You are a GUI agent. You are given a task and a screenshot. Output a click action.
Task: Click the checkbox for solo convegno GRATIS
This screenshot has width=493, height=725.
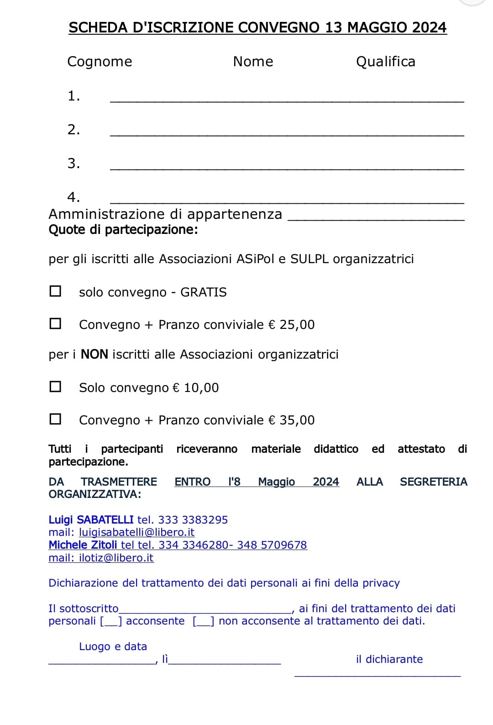pyautogui.click(x=55, y=291)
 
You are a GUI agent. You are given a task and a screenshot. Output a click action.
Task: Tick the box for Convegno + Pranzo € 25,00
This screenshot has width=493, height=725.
pyautogui.click(x=55, y=324)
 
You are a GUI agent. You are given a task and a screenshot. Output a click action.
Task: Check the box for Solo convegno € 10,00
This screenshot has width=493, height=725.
pyautogui.click(x=55, y=387)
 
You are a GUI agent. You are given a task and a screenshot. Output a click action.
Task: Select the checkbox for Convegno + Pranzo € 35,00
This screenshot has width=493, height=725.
pyautogui.click(x=55, y=419)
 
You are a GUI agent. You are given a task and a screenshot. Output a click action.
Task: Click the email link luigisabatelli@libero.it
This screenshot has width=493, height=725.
pyautogui.click(x=136, y=532)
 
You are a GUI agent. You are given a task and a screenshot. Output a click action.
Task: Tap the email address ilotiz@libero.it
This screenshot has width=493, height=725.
pyautogui.click(x=116, y=558)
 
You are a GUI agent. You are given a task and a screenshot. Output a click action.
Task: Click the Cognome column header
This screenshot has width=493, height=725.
pyautogui.click(x=100, y=62)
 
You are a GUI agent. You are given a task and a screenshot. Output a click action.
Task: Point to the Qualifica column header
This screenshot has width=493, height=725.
pyautogui.click(x=385, y=62)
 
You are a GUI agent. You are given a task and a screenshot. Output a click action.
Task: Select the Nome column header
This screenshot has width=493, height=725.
pyautogui.click(x=253, y=62)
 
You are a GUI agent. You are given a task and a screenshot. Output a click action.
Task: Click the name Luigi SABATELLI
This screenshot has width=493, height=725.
pyautogui.click(x=91, y=520)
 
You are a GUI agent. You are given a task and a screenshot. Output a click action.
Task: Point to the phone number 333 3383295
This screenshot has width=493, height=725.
pyautogui.click(x=193, y=520)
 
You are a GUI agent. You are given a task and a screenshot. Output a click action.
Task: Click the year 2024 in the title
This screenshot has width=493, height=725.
pyautogui.click(x=429, y=27)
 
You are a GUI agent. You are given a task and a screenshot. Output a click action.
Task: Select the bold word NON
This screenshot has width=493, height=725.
pyautogui.click(x=94, y=355)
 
